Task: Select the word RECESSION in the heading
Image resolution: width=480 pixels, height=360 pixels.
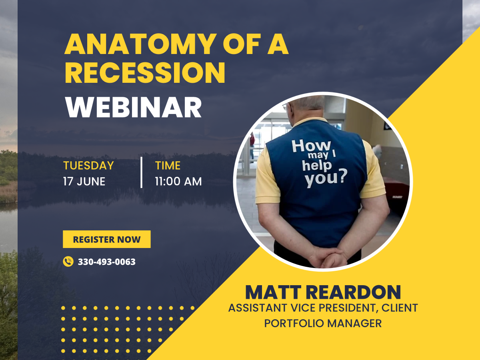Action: coord(145,72)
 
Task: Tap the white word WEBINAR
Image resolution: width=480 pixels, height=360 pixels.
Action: coord(133,107)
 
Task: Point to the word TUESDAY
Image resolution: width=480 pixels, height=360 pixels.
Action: coord(88,166)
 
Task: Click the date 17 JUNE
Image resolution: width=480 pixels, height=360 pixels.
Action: coord(84,182)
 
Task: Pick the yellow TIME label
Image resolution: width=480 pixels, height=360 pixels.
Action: coord(168,166)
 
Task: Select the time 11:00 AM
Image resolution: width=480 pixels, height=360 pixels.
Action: coord(178,182)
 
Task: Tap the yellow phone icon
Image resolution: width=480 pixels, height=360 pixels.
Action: coord(68,262)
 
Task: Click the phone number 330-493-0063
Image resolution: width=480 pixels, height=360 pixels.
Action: coord(107,262)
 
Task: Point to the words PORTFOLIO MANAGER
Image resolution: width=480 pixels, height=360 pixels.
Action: coord(323,323)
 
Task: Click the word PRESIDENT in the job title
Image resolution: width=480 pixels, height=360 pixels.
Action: coord(348,308)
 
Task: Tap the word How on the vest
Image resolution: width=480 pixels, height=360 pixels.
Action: coord(311,146)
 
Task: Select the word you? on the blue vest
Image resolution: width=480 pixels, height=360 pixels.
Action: coord(326,178)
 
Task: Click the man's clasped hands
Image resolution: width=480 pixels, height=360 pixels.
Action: coord(330,257)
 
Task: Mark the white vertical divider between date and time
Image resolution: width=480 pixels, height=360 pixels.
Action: coord(142,172)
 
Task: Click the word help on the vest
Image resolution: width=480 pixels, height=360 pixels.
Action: coord(317,166)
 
